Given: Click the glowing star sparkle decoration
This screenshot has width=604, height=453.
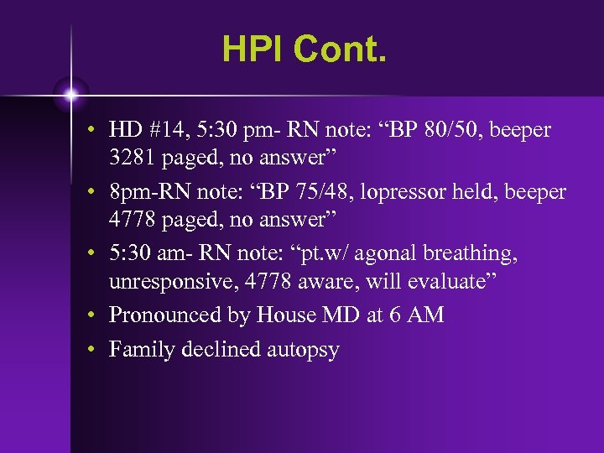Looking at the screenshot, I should pos(71,93).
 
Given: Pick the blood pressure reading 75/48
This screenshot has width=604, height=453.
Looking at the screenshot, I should pos(301,192).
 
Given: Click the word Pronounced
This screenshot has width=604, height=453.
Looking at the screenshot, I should pos(164,315).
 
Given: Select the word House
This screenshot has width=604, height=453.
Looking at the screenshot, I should pos(283,315).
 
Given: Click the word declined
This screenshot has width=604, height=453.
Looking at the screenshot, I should pos(221,349).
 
